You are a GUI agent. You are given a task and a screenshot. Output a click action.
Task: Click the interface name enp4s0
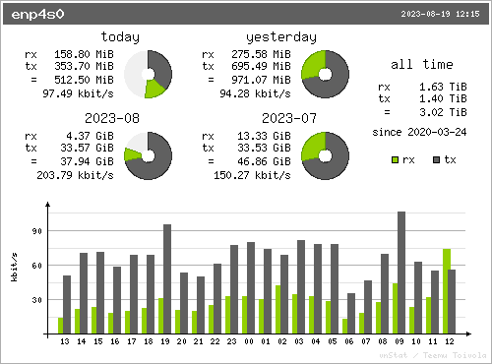37,15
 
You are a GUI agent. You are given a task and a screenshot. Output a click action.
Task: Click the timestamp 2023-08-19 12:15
440,14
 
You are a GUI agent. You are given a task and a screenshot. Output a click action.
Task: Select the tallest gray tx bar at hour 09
401,273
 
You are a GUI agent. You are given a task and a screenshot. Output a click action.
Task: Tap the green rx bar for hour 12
447,291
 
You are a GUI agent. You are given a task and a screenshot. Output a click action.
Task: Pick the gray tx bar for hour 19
167,279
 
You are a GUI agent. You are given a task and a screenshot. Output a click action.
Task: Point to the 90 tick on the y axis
37,231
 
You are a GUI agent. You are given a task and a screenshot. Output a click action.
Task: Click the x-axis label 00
249,341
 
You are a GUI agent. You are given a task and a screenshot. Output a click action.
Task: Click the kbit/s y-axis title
14,267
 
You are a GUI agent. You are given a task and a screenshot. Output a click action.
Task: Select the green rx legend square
396,160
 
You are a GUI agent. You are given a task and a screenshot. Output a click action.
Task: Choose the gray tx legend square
436,160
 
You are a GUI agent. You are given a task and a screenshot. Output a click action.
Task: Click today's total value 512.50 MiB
84,80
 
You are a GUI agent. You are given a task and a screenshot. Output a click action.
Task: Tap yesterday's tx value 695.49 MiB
261,66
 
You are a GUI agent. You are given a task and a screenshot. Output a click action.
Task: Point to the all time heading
422,64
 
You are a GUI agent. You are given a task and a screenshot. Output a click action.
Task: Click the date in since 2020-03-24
437,132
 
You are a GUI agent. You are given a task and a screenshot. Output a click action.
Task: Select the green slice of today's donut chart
154,89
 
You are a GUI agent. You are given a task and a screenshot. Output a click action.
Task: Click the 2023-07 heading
289,118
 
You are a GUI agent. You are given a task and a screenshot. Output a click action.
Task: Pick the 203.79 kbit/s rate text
75,175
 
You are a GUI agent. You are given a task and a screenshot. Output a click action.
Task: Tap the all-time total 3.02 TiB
443,112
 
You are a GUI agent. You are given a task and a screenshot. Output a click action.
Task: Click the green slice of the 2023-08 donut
132,154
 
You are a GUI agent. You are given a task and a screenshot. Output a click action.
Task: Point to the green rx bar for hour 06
344,327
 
